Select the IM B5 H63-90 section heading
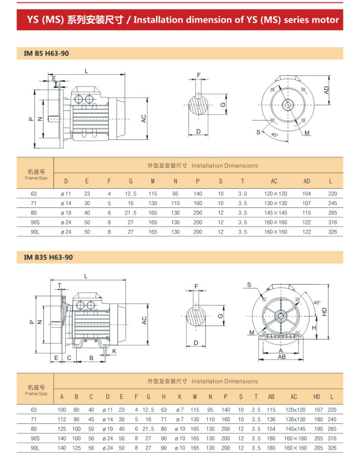46,54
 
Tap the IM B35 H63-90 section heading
48,257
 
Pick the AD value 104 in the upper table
306,194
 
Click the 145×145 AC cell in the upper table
276,213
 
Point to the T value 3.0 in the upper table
242,194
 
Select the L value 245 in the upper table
332,203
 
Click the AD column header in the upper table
306,180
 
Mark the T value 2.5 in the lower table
256,410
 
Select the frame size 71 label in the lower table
34,420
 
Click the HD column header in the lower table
317,397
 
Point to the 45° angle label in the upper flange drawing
274,135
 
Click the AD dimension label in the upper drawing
327,90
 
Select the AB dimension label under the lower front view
282,357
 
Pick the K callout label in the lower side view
114,350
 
